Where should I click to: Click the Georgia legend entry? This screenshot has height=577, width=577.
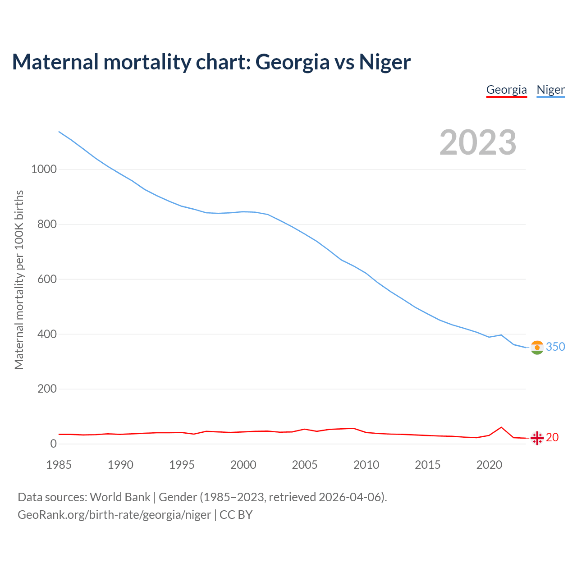506,90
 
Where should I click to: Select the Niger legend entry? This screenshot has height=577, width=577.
550,90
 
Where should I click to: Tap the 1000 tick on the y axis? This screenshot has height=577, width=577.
44,169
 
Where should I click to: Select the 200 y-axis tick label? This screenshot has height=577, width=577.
47,389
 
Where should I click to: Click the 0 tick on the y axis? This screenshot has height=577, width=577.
54,444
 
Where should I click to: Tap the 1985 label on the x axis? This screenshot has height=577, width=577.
59,465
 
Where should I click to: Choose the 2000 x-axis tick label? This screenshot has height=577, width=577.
243,465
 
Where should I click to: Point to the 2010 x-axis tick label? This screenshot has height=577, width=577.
366,465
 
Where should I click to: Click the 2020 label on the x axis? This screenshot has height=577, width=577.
489,465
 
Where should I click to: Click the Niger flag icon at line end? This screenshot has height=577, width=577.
537,348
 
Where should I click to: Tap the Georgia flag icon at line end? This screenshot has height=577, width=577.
537,438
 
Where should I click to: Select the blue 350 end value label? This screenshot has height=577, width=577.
555,347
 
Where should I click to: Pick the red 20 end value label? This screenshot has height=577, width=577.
552,437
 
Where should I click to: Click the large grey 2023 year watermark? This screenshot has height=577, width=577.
478,142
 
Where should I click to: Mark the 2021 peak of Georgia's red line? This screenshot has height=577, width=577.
501,427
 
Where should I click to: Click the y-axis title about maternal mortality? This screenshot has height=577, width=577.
19,279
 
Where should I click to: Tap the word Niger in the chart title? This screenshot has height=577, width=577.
385,62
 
